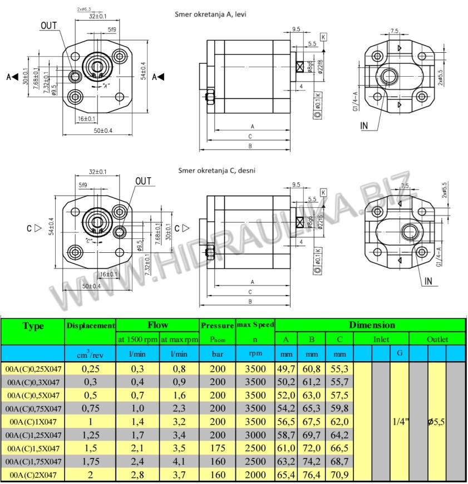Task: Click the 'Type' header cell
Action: (33, 326)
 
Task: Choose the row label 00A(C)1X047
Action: (33, 422)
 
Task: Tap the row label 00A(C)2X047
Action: (33, 475)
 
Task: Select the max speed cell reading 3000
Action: (255, 435)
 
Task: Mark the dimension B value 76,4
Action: (312, 475)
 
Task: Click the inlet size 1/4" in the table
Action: (400, 422)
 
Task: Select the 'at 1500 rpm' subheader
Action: (137, 339)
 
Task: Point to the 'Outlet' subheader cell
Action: (437, 339)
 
